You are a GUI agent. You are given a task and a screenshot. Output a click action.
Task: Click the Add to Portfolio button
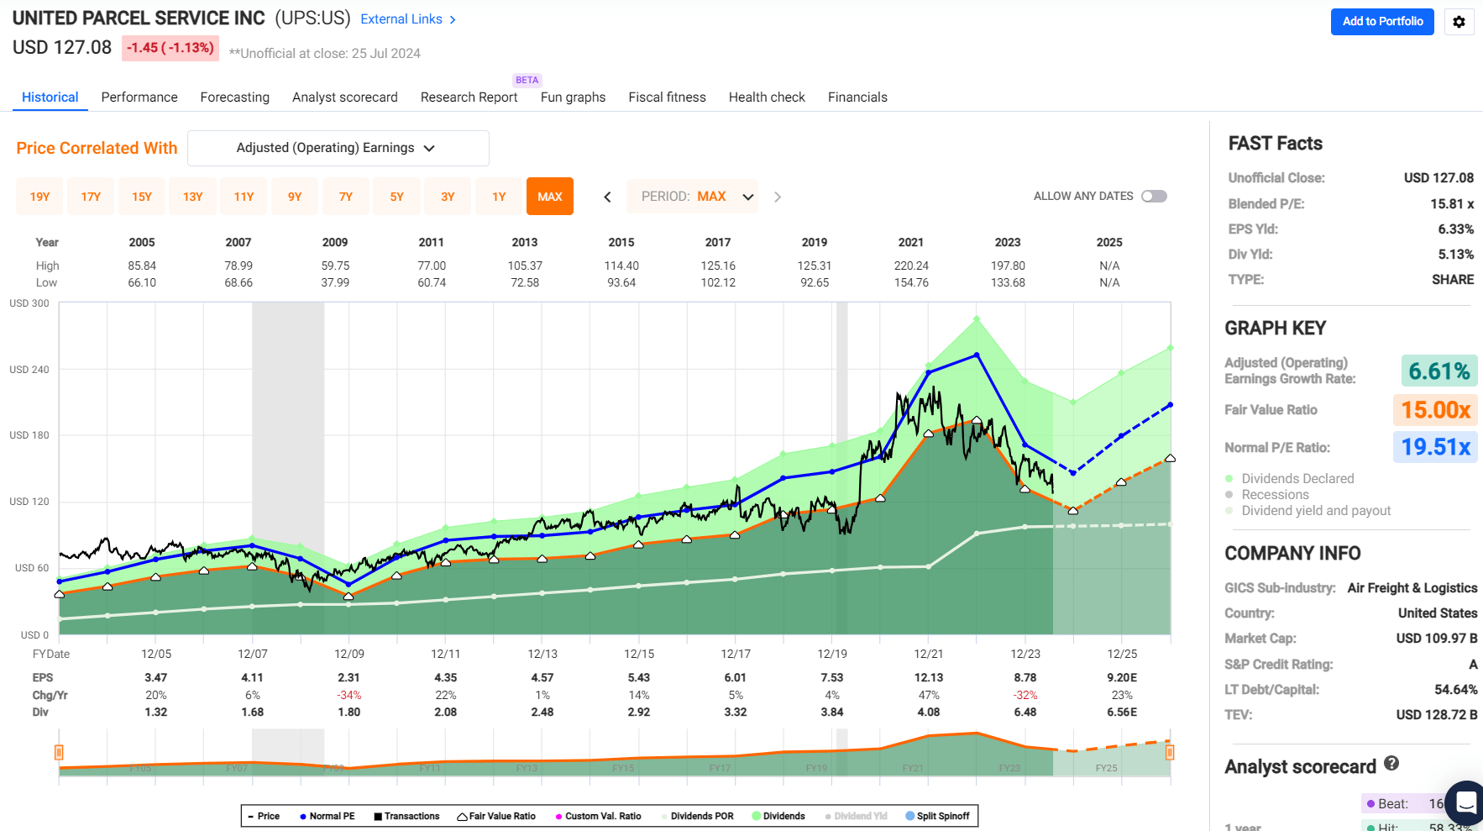click(x=1381, y=22)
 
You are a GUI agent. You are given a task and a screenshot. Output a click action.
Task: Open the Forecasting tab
click(x=234, y=97)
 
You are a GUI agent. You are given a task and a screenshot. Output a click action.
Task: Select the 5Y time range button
click(x=396, y=197)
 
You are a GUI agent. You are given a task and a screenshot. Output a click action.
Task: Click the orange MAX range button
click(x=549, y=197)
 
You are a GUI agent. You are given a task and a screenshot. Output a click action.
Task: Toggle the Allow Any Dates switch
click(x=1154, y=197)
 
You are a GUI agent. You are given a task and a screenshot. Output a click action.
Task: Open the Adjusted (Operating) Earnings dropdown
click(x=338, y=148)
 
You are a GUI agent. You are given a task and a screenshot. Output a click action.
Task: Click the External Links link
click(x=408, y=19)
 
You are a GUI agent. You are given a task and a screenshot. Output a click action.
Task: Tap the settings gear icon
click(x=1459, y=22)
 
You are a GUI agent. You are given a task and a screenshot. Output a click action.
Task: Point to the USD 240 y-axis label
click(x=29, y=370)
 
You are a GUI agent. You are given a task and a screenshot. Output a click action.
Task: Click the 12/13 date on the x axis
click(x=542, y=654)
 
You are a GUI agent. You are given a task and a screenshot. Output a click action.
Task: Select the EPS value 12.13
click(x=929, y=677)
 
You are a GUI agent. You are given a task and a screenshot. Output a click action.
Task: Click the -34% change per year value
click(x=348, y=695)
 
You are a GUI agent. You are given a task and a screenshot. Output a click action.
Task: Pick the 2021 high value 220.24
click(x=911, y=266)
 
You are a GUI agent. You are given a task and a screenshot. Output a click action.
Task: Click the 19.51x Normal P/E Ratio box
click(x=1435, y=447)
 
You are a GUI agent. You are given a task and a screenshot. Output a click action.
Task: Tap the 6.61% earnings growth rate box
click(x=1438, y=371)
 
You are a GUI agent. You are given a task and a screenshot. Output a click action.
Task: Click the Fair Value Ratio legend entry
click(x=496, y=816)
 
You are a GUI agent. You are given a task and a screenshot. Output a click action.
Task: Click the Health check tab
click(x=767, y=97)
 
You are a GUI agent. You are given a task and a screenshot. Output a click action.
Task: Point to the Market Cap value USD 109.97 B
click(x=1436, y=639)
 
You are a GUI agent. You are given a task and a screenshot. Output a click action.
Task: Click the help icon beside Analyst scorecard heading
click(x=1391, y=763)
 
